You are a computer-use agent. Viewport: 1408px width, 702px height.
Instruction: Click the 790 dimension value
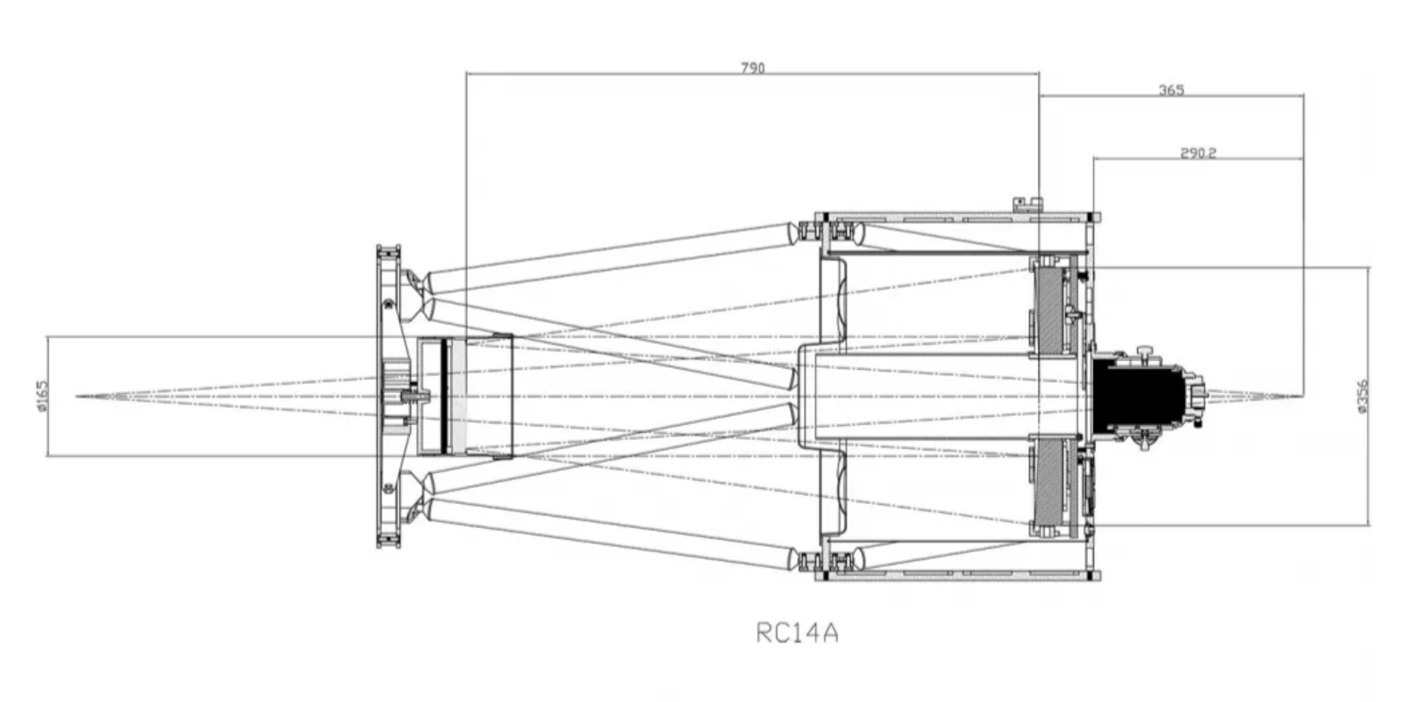tap(753, 68)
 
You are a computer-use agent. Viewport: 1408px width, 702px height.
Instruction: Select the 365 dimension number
tap(1172, 91)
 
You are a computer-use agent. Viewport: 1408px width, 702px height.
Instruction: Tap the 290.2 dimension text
tap(1198, 153)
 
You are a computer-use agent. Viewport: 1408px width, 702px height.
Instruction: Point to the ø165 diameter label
tap(42, 396)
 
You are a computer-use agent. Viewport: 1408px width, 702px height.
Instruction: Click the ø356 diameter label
tap(1363, 396)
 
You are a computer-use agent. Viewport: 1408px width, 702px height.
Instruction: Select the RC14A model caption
tap(797, 633)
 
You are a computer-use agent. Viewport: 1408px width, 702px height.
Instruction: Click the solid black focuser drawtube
tap(1138, 396)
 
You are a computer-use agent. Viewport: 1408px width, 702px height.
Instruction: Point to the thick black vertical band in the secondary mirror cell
tap(445, 396)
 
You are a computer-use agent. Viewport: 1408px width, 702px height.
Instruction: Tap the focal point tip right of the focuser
tap(1301, 396)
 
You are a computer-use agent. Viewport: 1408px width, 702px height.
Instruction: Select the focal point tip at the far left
tap(78, 396)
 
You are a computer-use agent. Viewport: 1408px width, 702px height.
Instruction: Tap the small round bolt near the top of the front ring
tap(388, 304)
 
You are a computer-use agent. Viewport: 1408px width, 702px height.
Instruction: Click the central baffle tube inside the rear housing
tap(943, 396)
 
